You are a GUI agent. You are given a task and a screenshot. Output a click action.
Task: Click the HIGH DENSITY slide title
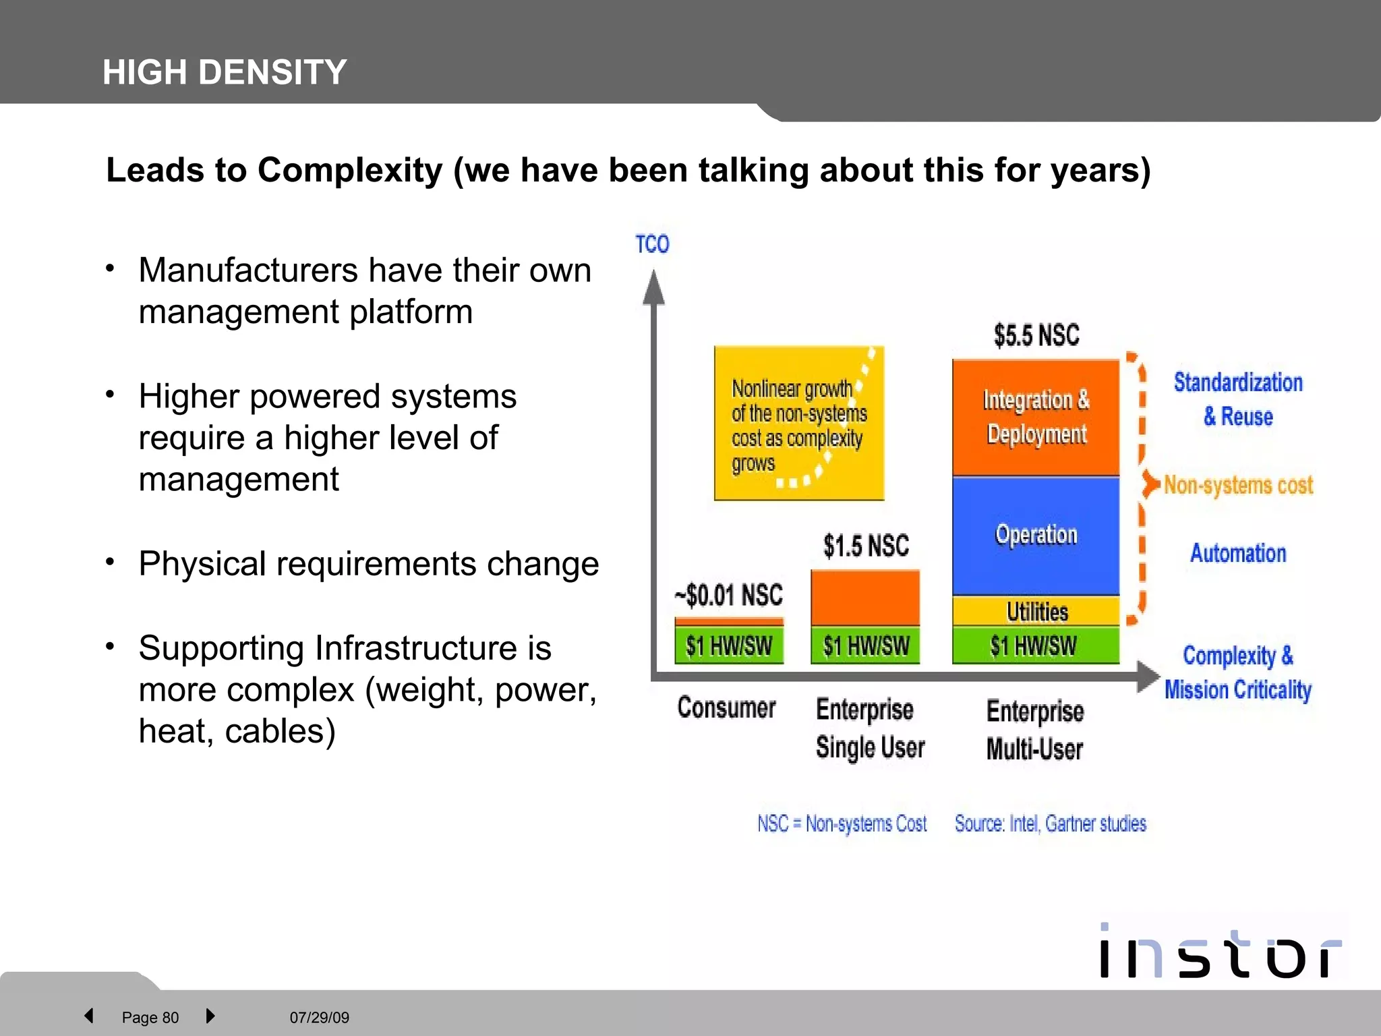[x=225, y=72]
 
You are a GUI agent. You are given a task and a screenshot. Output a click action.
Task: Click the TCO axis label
[x=652, y=243]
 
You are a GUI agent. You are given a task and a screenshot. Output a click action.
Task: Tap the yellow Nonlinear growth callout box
[x=798, y=424]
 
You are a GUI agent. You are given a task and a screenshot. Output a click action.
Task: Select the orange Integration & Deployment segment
[x=1036, y=418]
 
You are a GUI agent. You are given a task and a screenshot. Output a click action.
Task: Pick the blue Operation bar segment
[x=1036, y=535]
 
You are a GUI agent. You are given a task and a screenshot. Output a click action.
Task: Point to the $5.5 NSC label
[x=1036, y=335]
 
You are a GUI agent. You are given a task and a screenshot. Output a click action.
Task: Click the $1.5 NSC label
[x=866, y=546]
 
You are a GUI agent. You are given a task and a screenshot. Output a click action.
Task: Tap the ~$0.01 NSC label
[x=729, y=595]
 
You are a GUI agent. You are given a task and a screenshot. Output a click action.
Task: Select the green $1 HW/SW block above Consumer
[x=729, y=646]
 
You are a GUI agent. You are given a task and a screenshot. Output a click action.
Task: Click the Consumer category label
[x=726, y=708]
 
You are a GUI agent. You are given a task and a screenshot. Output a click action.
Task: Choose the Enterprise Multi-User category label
[x=1035, y=730]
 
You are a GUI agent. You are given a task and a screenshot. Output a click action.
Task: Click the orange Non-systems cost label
[x=1238, y=485]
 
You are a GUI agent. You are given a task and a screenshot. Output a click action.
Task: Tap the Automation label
[x=1238, y=553]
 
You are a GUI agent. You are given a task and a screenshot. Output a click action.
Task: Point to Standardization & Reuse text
[x=1238, y=399]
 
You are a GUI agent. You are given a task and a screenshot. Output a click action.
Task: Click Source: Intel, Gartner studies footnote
[x=1050, y=824]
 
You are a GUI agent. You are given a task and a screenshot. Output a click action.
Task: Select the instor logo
[x=1219, y=952]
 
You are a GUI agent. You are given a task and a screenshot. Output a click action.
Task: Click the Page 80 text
[x=150, y=1017]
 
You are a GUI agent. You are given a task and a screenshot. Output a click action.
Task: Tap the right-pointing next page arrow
[x=210, y=1016]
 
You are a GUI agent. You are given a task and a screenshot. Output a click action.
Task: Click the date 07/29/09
[x=319, y=1017]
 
